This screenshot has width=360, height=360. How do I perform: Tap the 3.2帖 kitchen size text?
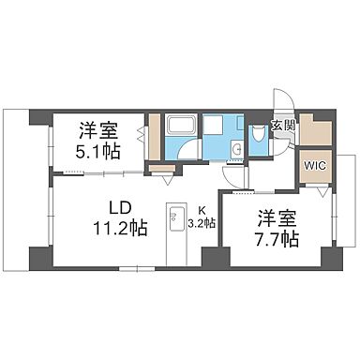[x=202, y=223]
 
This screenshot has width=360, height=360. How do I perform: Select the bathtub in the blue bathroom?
[x=179, y=127]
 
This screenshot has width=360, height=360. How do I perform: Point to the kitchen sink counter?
[x=174, y=232]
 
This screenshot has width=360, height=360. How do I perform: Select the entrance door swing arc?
[x=281, y=100]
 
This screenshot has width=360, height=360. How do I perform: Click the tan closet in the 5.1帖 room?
[x=154, y=140]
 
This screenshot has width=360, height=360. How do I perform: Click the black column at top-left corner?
[x=38, y=119]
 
